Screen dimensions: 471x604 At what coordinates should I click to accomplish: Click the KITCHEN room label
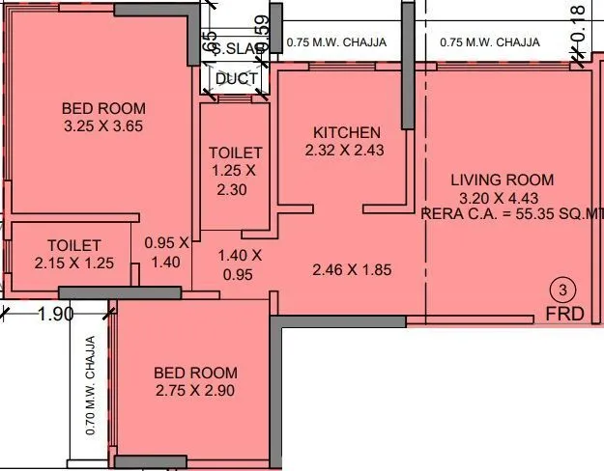tap(346, 132)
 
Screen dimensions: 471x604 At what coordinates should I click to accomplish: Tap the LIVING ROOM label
tap(502, 180)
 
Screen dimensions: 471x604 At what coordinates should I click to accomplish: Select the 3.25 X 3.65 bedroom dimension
tap(103, 125)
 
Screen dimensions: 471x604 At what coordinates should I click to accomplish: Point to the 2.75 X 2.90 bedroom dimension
tap(195, 391)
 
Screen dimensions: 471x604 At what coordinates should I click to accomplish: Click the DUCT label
tap(236, 79)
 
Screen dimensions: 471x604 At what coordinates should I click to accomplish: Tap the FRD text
tap(563, 315)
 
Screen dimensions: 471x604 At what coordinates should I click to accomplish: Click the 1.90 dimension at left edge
tap(54, 314)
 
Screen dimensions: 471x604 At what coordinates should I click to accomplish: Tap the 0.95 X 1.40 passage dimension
tap(163, 252)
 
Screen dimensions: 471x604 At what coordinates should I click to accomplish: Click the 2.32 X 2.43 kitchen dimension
tap(346, 151)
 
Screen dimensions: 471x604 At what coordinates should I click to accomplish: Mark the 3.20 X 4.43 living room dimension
tap(502, 197)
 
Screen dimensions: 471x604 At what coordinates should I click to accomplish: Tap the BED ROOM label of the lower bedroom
tap(195, 373)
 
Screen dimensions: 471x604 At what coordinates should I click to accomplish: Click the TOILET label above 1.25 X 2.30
tap(235, 152)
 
